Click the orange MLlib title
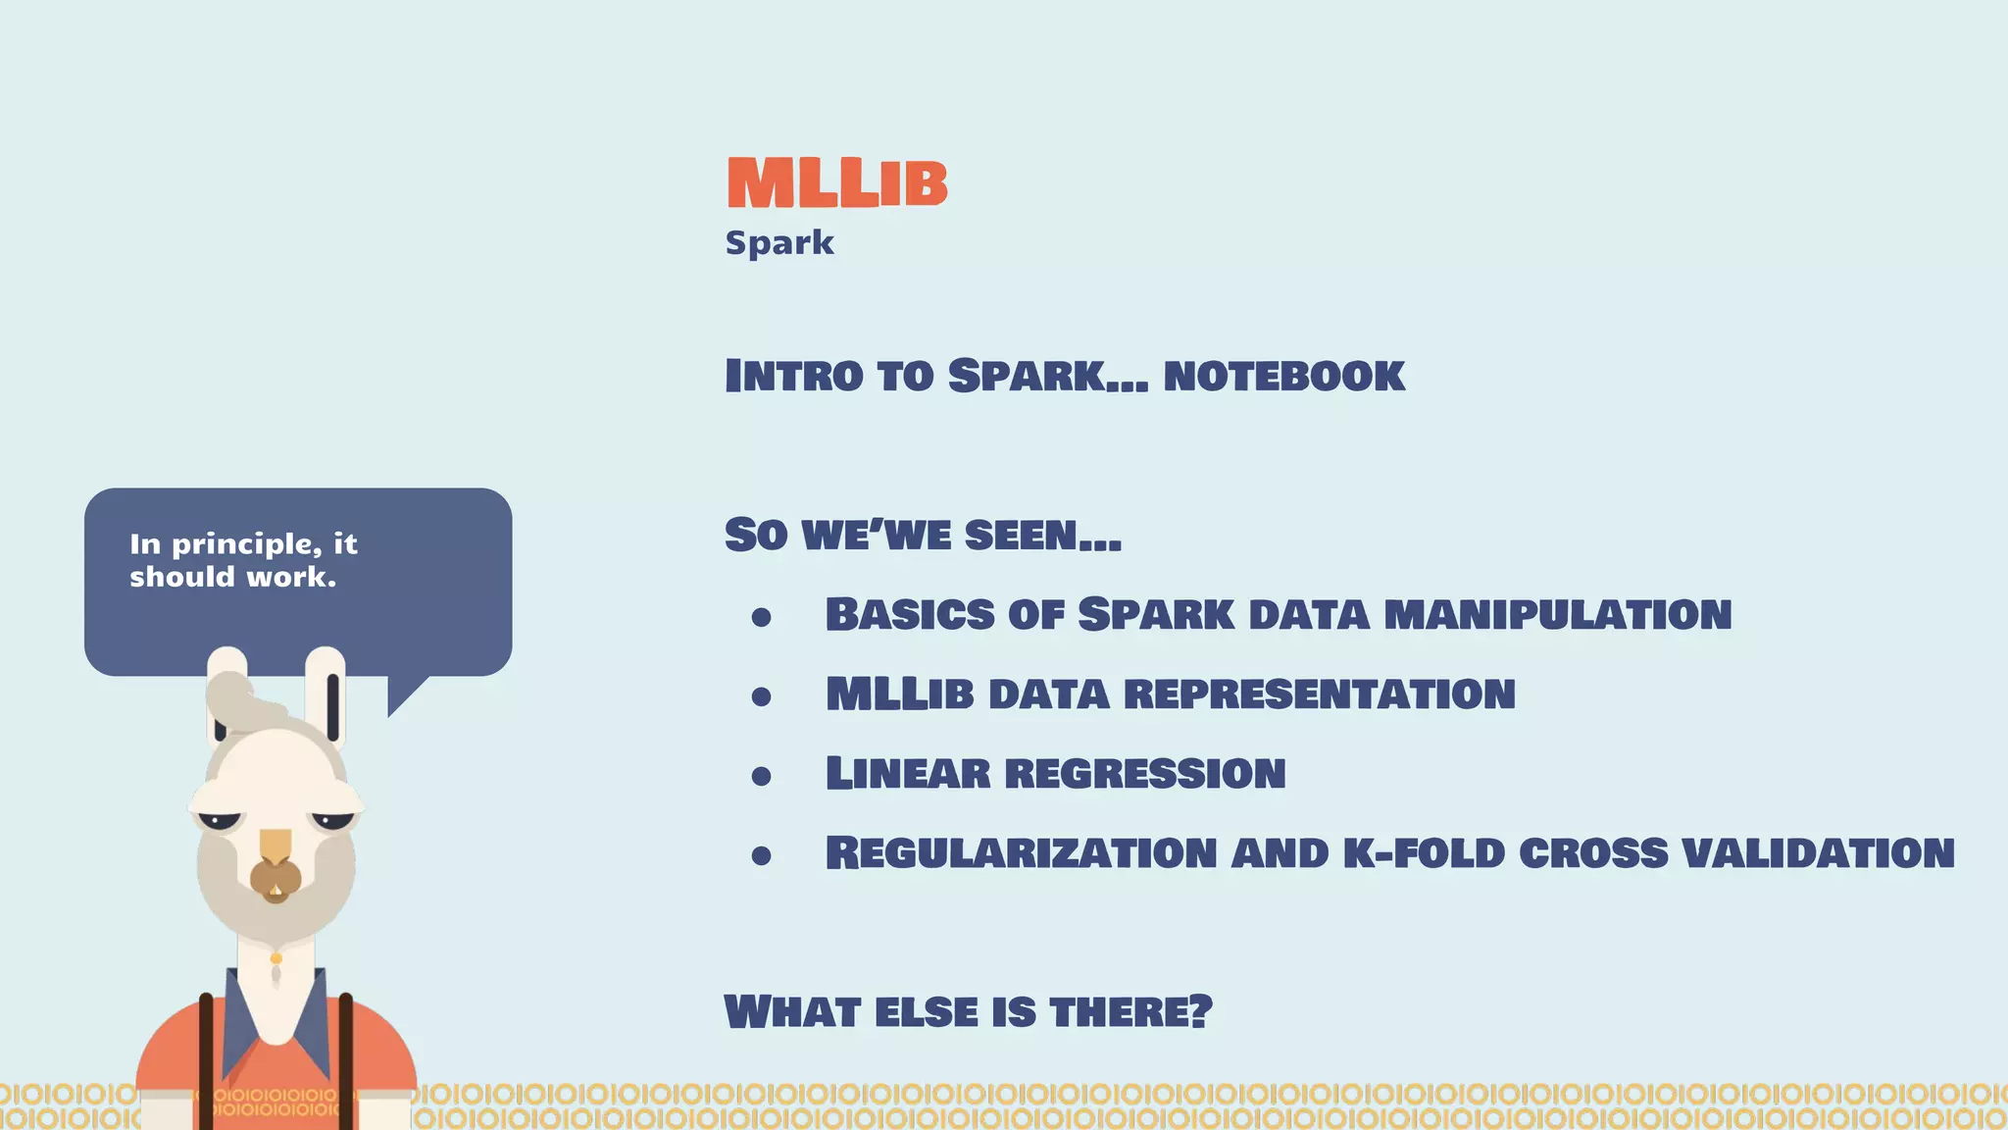pyautogui.click(x=836, y=183)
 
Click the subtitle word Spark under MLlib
pyautogui.click(x=779, y=242)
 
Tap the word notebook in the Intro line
pyautogui.click(x=1283, y=377)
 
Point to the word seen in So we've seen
pyautogui.click(x=1042, y=536)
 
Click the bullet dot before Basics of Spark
pyautogui.click(x=762, y=617)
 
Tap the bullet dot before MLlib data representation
pyautogui.click(x=762, y=696)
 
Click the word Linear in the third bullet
pyautogui.click(x=908, y=774)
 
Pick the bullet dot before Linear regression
pyautogui.click(x=762, y=776)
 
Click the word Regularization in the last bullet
pyautogui.click(x=1021, y=853)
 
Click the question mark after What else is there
pyautogui.click(x=1201, y=1011)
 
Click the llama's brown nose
pyautogui.click(x=276, y=878)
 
